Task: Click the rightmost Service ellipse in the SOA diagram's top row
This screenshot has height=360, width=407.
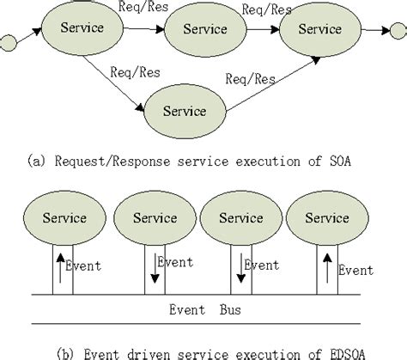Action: click(319, 29)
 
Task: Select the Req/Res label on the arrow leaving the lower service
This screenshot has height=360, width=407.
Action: click(251, 80)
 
